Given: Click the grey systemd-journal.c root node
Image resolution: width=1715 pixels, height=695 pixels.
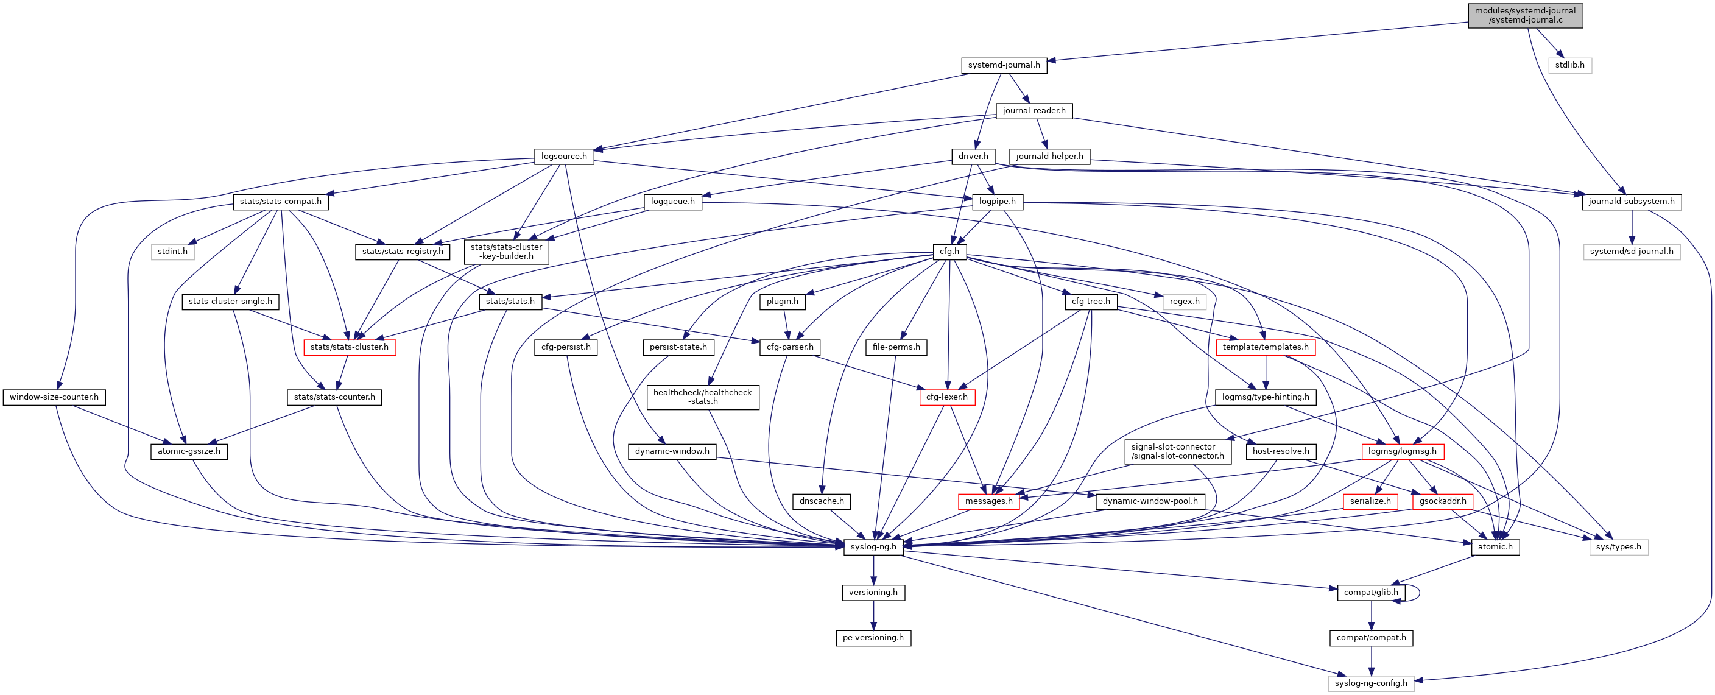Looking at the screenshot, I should pos(1524,15).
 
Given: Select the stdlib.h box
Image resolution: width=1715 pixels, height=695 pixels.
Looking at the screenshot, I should pos(1569,65).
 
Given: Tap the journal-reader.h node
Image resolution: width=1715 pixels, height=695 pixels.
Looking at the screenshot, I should pos(1034,110).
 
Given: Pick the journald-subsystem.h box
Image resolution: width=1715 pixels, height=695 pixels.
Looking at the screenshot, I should pos(1630,202).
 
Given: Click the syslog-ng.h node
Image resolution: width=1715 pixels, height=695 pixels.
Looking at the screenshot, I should pos(873,547).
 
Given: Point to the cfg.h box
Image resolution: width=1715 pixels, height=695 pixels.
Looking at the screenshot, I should pos(949,252).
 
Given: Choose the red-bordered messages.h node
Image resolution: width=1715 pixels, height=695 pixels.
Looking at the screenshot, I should pos(988,501).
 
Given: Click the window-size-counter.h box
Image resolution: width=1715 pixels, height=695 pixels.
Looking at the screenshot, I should pos(54,397).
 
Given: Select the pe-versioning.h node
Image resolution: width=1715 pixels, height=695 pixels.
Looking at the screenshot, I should pos(873,638).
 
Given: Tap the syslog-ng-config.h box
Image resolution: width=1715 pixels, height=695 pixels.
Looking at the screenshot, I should pos(1370,683).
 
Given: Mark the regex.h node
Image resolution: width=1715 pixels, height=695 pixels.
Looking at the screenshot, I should pos(1184,302).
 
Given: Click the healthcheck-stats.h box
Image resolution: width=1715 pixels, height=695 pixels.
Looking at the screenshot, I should pos(702,397).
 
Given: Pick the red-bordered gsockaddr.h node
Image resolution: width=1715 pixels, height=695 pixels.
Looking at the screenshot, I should pos(1442,501).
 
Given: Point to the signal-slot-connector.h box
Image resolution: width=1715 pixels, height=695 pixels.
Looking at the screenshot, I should pos(1177,451).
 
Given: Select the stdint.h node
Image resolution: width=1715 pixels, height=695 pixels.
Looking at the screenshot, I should pos(172,252).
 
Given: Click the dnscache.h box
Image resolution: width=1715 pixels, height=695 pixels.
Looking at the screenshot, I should pos(821,501).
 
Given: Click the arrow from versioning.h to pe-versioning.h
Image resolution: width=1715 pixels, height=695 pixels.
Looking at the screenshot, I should pos(873,615).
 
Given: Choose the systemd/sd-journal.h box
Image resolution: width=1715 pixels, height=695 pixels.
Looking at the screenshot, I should pos(1630,252).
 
